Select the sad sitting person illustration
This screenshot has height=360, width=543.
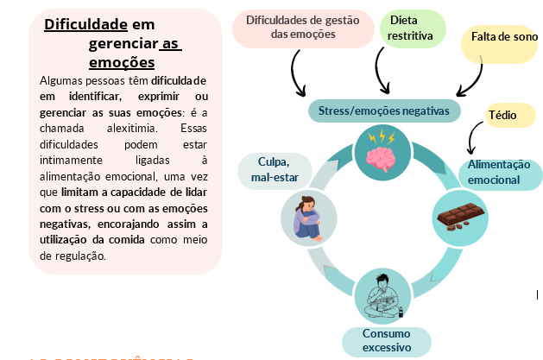click(x=308, y=218)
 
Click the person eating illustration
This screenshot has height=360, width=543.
click(x=382, y=295)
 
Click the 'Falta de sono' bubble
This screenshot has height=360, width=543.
click(x=499, y=38)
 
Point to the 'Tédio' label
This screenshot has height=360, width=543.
click(x=503, y=114)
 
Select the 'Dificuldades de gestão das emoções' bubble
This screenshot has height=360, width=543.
click(x=295, y=28)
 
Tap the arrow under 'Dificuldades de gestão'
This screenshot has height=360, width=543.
click(x=299, y=76)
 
